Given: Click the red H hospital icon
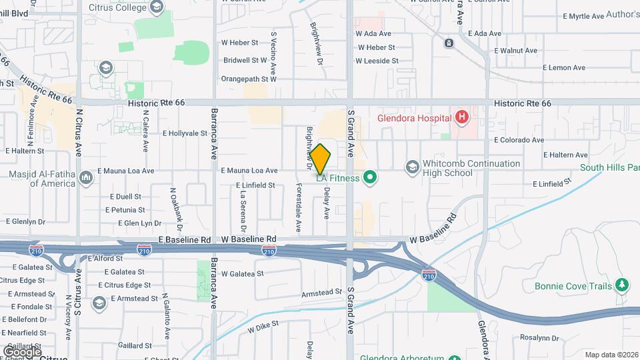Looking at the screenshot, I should (461, 118).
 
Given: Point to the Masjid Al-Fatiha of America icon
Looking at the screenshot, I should (86, 177).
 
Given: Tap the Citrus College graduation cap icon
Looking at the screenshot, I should (156, 7).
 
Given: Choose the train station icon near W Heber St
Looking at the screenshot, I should (449, 43).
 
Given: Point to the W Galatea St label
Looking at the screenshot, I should (243, 273).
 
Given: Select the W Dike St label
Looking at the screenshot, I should (263, 326).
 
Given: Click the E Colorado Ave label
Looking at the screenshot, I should (519, 140).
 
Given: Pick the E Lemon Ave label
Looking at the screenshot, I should (563, 67).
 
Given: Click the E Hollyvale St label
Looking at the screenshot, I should (185, 133).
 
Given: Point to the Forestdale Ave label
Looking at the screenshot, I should (298, 209).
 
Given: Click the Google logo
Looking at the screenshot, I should (22, 351).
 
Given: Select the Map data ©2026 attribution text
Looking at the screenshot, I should (611, 355).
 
